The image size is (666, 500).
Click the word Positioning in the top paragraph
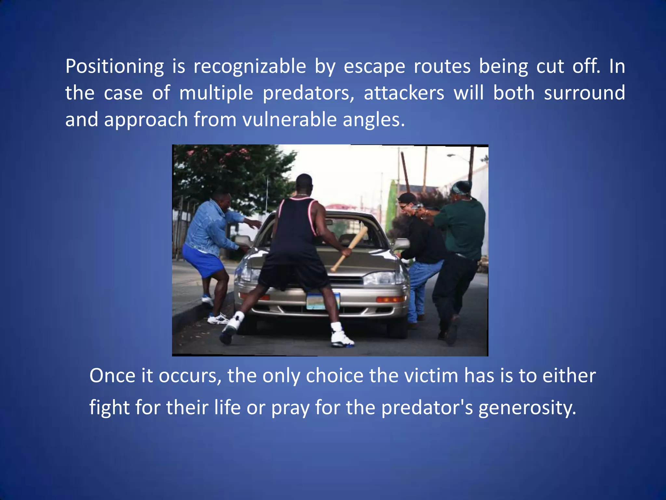[114, 67]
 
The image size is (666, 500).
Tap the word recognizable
[250, 67]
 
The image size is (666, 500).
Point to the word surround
[584, 93]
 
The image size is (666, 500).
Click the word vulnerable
[289, 120]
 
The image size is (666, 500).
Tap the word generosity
[527, 408]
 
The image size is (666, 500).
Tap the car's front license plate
[323, 301]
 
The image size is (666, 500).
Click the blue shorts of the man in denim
[203, 260]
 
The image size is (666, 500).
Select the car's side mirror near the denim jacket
[243, 241]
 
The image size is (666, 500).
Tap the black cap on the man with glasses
[406, 197]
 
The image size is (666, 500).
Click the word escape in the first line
[374, 67]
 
